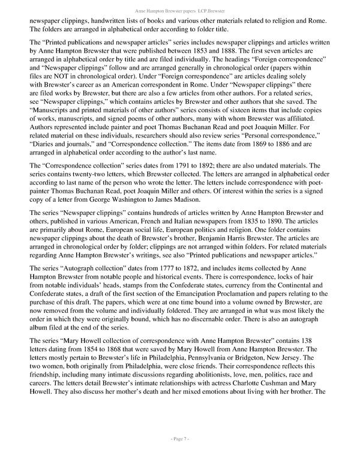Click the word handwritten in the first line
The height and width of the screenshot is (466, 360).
point(111,21)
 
